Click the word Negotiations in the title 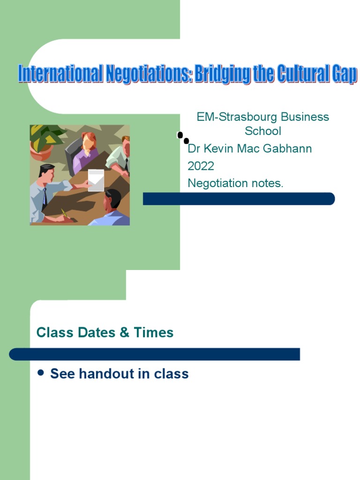149,74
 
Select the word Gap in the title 344,74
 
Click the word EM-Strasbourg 237,117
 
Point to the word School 263,131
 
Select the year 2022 201,166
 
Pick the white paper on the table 96,180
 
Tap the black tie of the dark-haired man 45,198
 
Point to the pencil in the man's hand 64,213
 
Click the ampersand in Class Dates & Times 124,332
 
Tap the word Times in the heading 154,332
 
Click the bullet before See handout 40,373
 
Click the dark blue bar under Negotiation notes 239,199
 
